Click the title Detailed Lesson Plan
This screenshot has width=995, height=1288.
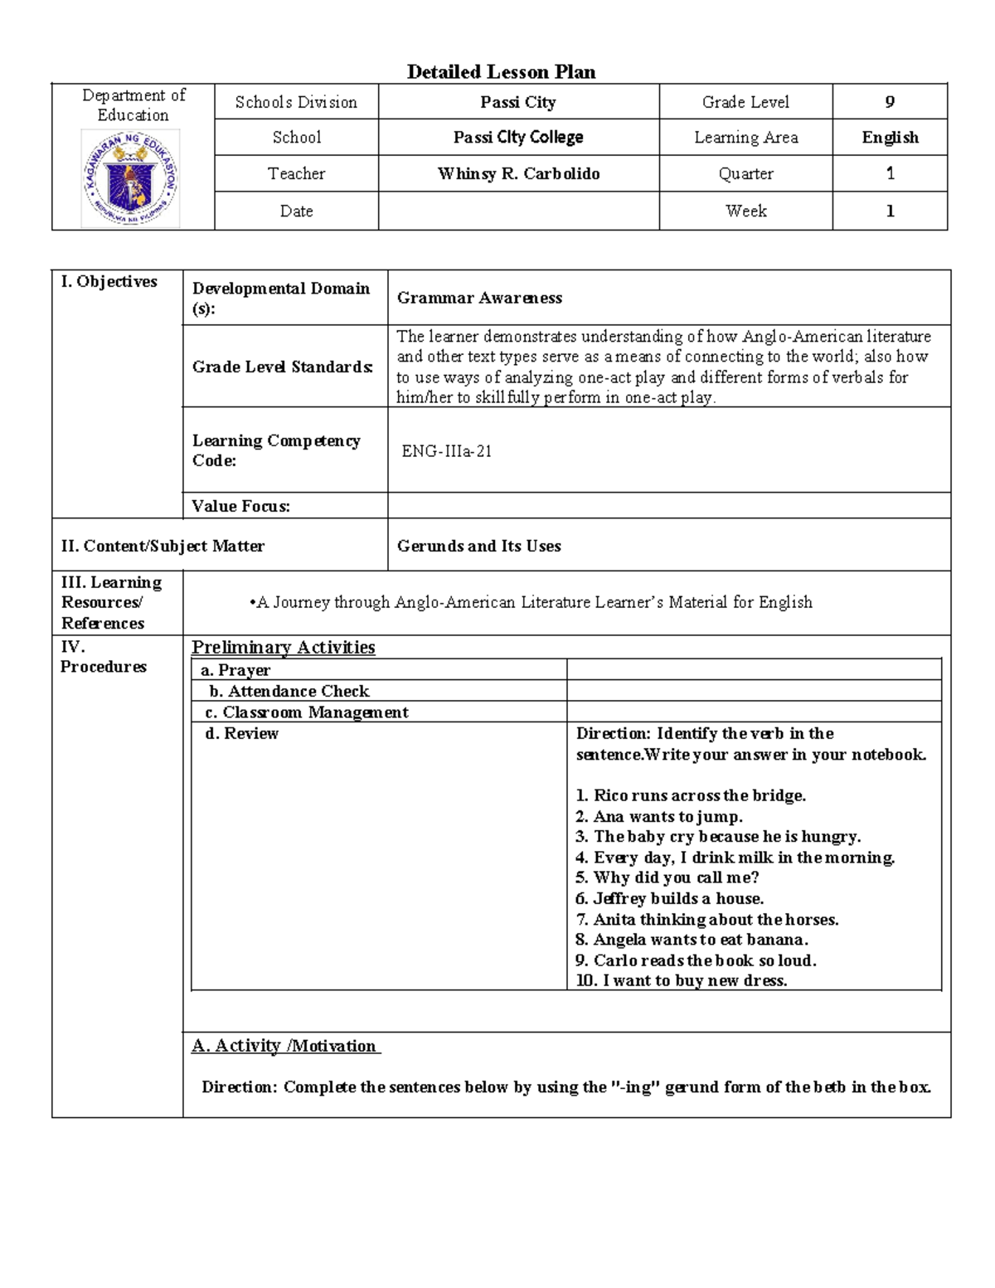click(501, 72)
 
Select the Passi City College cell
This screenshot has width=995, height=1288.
click(518, 138)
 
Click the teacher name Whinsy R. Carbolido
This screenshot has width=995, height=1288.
click(518, 174)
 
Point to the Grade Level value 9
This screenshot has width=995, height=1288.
click(890, 102)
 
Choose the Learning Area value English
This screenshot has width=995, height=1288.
click(890, 138)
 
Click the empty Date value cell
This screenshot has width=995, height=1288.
click(518, 211)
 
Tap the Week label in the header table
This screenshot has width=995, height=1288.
click(745, 211)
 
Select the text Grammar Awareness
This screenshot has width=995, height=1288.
click(479, 298)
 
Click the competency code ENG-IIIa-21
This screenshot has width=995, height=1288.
click(447, 451)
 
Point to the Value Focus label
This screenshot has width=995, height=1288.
click(240, 506)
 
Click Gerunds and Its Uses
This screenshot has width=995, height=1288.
click(478, 546)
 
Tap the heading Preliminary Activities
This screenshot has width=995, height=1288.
click(284, 648)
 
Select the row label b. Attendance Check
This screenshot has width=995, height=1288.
click(289, 691)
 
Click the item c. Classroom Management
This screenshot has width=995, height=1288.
click(306, 712)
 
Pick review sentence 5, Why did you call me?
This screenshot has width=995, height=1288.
click(667, 877)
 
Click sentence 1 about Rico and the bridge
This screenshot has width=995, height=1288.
click(691, 795)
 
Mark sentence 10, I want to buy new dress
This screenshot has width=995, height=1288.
click(682, 980)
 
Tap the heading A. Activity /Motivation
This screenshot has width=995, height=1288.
click(285, 1046)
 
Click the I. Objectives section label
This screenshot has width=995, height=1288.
click(109, 282)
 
